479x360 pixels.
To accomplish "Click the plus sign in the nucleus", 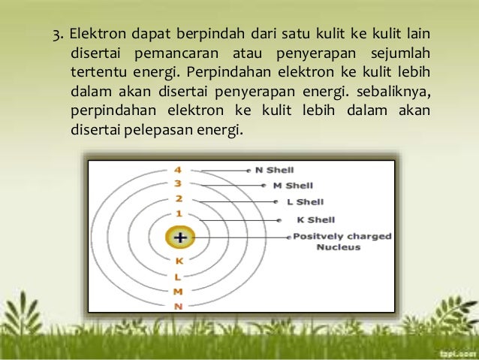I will pos(180,238).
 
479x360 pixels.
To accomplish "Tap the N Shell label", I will pos(274,170).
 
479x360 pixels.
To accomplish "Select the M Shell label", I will pos(293,186).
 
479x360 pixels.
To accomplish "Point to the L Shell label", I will pos(305,202).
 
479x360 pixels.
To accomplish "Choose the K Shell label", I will pos(315,220).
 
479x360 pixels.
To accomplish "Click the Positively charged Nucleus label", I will pos(342,241).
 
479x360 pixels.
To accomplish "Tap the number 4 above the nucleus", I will pos(179,170).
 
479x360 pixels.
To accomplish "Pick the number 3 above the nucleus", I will pos(179,183).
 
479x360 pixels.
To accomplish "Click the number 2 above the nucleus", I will pos(179,199).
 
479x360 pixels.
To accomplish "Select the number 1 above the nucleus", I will pos(179,214).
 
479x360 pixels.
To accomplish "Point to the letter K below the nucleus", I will pos(179,262).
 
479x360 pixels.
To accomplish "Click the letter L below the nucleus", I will pos(179,277).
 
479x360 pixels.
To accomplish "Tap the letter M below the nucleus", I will pos(179,292).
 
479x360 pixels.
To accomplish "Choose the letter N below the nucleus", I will pos(179,306).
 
